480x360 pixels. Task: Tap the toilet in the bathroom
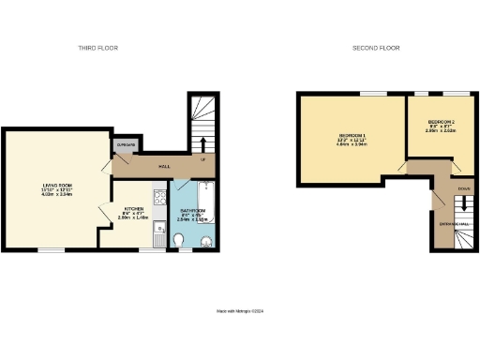pyautogui.click(x=179, y=241)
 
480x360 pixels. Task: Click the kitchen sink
pyautogui.click(x=160, y=225)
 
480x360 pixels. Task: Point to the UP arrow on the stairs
pyautogui.click(x=204, y=143)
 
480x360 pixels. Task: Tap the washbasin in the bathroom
pyautogui.click(x=207, y=243)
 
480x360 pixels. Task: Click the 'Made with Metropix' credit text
pyautogui.click(x=239, y=310)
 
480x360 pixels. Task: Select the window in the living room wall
pyautogui.click(x=51, y=250)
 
